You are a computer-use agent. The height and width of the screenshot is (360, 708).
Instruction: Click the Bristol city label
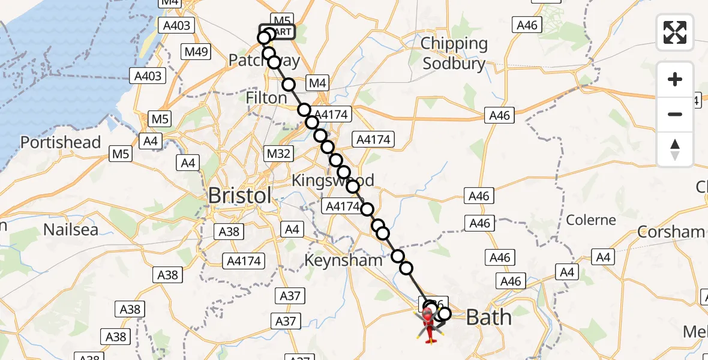point(239,196)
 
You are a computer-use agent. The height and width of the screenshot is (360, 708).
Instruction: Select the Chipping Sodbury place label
point(454,53)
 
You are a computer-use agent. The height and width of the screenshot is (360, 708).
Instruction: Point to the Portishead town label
point(60,142)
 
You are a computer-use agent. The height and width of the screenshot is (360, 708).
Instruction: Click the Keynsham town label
point(343,260)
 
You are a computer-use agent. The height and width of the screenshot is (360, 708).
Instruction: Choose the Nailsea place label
point(70,229)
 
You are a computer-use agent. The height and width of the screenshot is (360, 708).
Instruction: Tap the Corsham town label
point(671,232)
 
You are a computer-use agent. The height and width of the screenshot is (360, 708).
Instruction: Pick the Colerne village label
point(591,220)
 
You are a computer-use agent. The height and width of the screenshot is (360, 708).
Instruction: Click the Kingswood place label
point(332,181)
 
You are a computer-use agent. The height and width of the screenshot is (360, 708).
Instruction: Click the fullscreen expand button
point(675,32)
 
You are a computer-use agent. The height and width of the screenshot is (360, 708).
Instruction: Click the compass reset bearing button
point(675,149)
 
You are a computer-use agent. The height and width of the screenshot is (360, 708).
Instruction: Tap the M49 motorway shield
point(196,52)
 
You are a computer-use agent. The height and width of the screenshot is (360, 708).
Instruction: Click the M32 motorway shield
point(279,154)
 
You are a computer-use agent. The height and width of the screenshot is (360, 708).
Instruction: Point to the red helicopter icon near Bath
point(430,327)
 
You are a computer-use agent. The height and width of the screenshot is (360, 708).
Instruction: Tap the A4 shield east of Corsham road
point(603,257)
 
